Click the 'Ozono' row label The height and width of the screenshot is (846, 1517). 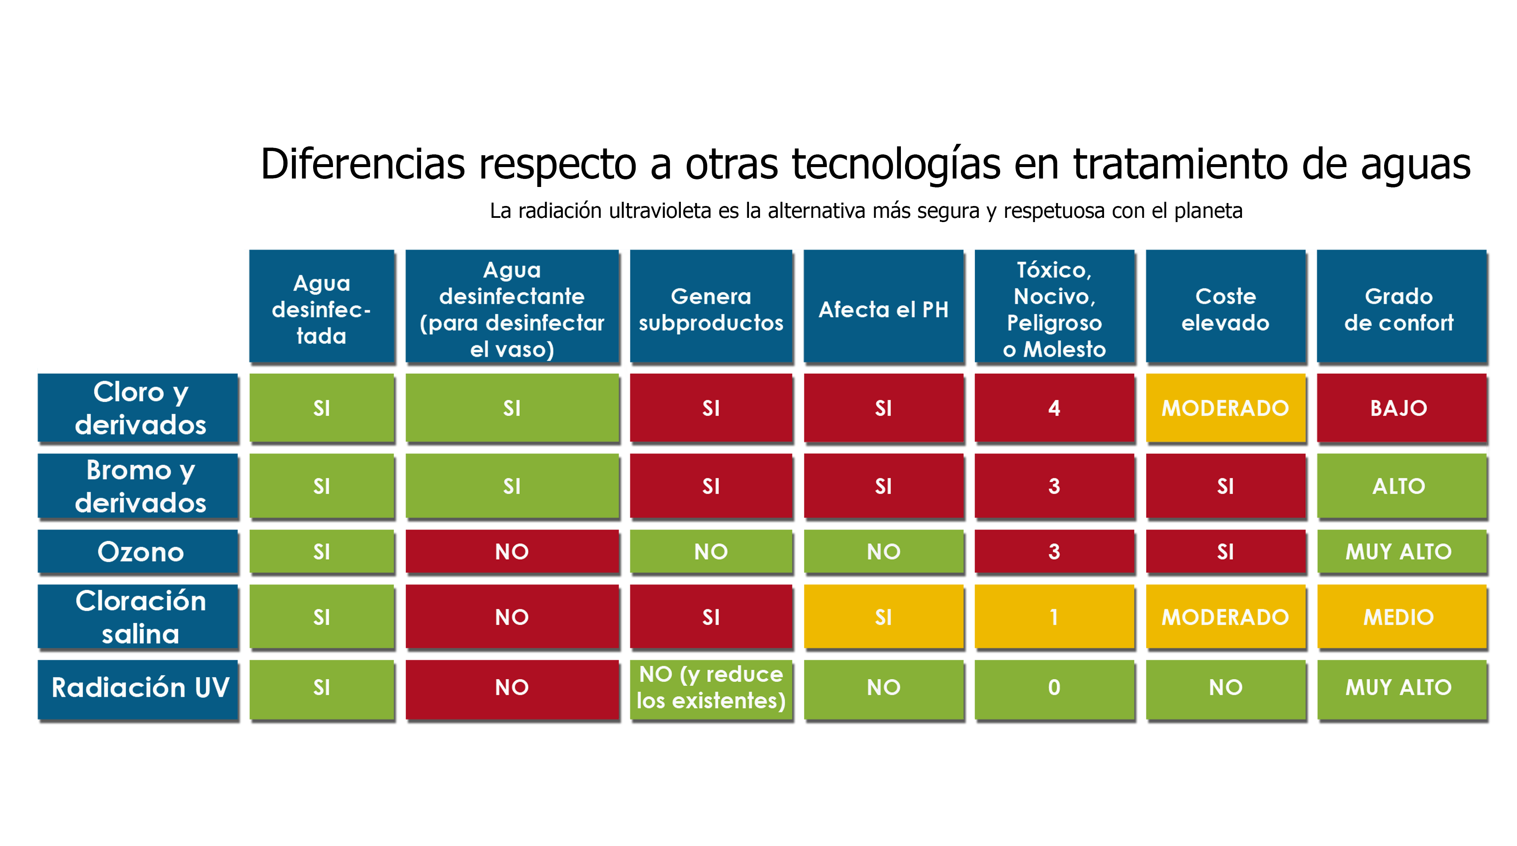[140, 552]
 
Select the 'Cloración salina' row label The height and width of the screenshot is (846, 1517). [140, 617]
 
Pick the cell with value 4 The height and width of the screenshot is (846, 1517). [1054, 407]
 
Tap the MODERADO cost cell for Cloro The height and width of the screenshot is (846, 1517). [1225, 407]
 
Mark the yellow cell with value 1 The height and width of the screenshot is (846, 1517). [1054, 617]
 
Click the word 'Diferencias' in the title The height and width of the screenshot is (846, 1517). [363, 164]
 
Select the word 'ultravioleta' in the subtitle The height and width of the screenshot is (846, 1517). [660, 211]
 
